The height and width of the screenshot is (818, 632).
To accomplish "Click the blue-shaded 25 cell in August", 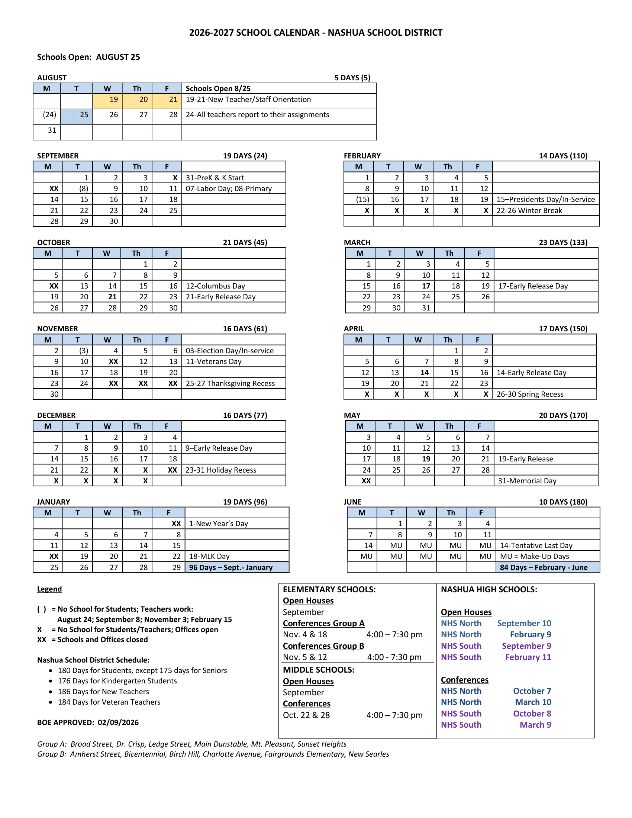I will [x=77, y=115].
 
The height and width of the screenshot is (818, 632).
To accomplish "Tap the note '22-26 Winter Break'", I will [x=529, y=210].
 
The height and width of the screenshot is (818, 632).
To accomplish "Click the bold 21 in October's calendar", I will [x=112, y=297].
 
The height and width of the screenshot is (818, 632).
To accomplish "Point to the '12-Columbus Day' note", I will [x=215, y=286].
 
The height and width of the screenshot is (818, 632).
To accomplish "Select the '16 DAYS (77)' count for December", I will [x=245, y=415].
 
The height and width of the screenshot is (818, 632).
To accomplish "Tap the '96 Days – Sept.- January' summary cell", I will [x=230, y=567].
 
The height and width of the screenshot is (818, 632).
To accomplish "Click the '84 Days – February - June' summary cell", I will [x=544, y=567].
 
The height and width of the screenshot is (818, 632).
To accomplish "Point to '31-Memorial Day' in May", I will [x=527, y=481].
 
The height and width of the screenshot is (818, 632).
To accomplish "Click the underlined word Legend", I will [x=49, y=589].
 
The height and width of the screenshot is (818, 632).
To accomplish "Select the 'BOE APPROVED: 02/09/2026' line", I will [x=88, y=722].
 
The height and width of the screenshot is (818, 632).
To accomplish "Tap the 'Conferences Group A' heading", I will [x=323, y=623].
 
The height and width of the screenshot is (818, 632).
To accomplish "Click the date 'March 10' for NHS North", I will [x=533, y=702].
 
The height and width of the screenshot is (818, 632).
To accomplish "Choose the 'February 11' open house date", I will [x=528, y=657].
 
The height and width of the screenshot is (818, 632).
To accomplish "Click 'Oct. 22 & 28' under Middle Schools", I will [x=306, y=715].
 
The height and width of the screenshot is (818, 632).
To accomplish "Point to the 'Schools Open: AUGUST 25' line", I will [x=88, y=57].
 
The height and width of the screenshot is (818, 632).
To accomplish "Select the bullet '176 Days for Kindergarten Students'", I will [x=117, y=681].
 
